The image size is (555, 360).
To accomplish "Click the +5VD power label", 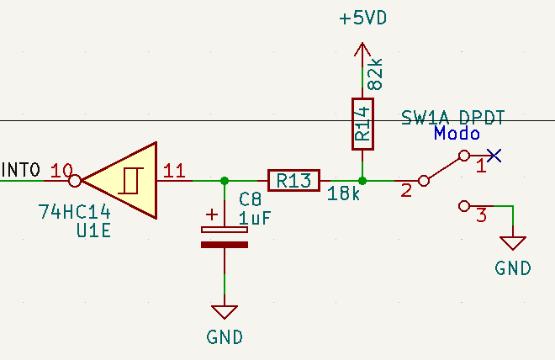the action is (x=362, y=18).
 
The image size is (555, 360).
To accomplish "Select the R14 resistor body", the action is (x=362, y=124).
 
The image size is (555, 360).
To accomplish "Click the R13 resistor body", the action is (x=293, y=181).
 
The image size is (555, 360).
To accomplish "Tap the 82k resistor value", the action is (x=375, y=74).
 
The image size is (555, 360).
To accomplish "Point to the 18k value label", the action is (x=343, y=193).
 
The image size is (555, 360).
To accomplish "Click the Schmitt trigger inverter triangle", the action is (x=119, y=181).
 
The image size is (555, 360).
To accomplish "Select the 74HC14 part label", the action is (x=74, y=212).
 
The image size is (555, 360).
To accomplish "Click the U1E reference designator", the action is (x=94, y=230).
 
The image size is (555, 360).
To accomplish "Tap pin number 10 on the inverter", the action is (x=61, y=171).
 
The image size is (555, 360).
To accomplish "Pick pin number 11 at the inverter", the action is (x=174, y=171).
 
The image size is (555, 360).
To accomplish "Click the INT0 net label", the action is (x=20, y=170).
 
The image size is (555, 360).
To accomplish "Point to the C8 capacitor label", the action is (x=250, y=199).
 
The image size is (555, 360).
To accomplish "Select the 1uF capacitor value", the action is (x=255, y=218).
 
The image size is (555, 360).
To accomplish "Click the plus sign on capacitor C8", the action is (x=212, y=214).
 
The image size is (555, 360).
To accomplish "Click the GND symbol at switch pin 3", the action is (x=513, y=244).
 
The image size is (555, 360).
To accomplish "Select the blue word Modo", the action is (x=457, y=134).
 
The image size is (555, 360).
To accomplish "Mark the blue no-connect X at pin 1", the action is (x=494, y=156).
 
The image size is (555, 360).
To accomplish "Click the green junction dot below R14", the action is (x=362, y=181).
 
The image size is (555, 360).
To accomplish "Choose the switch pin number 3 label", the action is (x=481, y=214).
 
